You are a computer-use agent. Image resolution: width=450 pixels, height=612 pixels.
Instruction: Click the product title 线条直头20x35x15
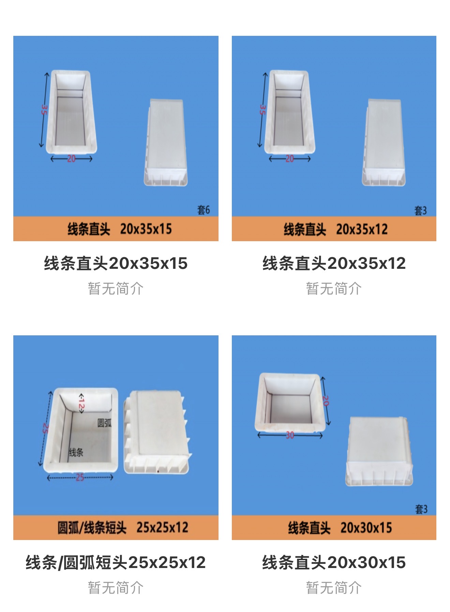click(x=116, y=263)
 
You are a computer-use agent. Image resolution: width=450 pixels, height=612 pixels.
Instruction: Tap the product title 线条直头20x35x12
click(x=334, y=263)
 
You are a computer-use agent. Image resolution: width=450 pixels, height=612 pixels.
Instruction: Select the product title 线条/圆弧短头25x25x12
click(x=116, y=563)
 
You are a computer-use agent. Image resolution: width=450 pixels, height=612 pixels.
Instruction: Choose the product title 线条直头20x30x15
click(x=334, y=563)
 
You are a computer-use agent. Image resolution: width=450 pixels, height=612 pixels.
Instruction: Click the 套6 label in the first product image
click(x=204, y=209)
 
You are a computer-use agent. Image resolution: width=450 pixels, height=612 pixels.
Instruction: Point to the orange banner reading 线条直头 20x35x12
click(x=334, y=229)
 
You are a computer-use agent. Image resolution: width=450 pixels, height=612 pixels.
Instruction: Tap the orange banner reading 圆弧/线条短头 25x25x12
click(x=116, y=527)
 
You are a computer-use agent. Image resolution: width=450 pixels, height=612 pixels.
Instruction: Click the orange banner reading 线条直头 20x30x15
click(x=334, y=527)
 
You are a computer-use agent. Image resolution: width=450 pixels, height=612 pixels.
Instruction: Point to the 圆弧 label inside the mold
click(x=104, y=423)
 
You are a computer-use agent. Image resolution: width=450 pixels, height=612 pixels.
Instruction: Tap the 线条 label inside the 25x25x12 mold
click(x=76, y=452)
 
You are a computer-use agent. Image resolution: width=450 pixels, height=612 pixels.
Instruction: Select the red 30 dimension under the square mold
click(x=290, y=435)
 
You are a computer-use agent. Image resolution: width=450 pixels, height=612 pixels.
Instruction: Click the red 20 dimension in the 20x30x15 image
click(x=326, y=401)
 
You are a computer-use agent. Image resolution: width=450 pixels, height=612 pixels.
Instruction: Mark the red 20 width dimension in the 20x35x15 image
click(x=71, y=159)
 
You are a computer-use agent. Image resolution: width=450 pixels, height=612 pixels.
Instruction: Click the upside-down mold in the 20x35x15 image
click(x=166, y=143)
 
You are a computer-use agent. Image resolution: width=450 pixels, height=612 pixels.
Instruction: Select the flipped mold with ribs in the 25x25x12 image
click(x=157, y=432)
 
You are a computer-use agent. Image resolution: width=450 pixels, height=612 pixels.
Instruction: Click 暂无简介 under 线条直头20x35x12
click(x=334, y=289)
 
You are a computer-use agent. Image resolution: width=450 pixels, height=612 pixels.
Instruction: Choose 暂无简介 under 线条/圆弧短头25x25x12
click(x=116, y=588)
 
